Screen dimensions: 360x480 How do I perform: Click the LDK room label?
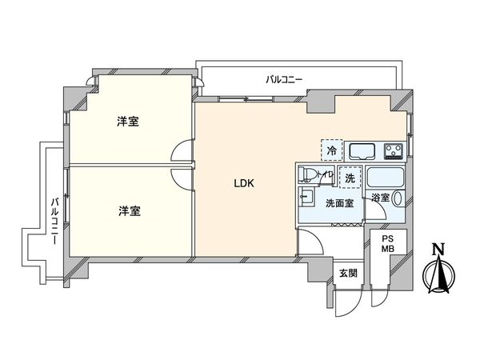[243, 183]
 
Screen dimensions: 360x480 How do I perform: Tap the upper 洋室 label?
[129, 122]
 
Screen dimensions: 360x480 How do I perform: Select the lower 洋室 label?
[129, 211]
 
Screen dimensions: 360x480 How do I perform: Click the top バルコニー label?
[284, 79]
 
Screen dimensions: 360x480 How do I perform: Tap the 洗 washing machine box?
[350, 178]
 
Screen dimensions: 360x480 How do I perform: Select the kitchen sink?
[365, 150]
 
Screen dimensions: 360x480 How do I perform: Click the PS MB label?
[387, 243]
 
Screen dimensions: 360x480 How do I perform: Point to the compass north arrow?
[437, 273]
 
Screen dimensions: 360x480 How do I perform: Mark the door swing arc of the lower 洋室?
[183, 178]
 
